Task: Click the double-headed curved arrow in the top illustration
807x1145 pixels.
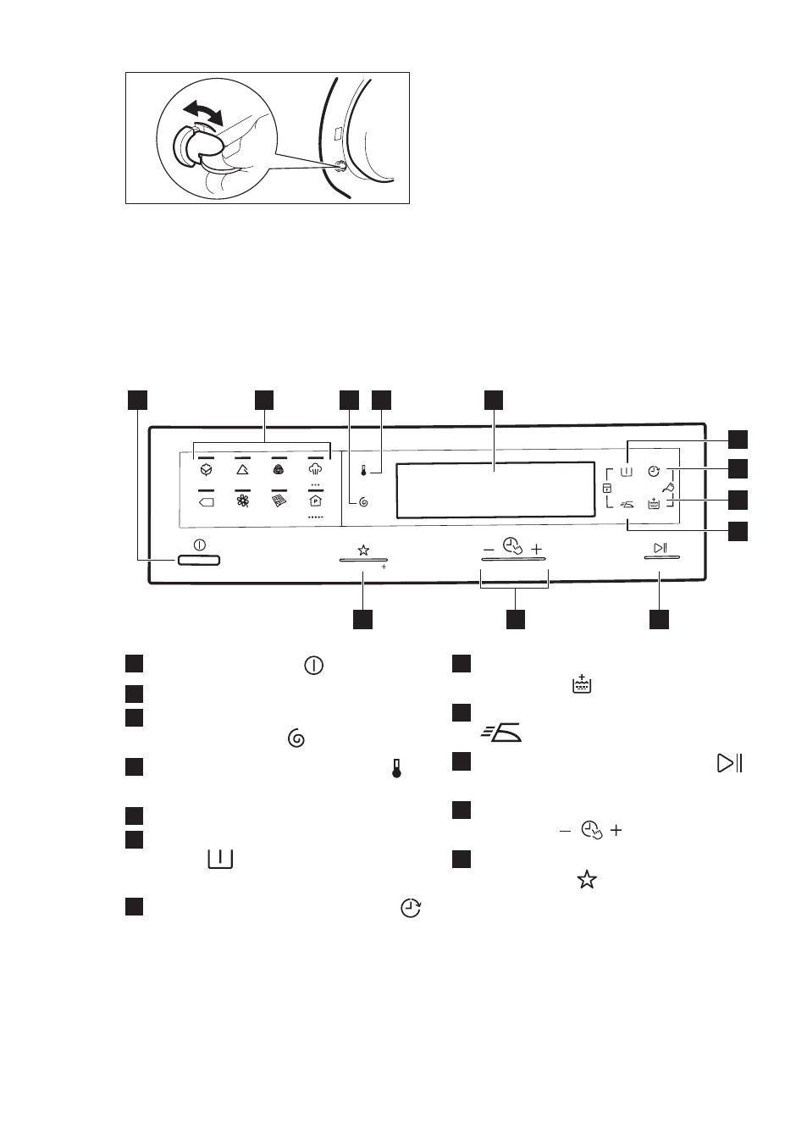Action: [x=203, y=112]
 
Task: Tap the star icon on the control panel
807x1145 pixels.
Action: [x=363, y=550]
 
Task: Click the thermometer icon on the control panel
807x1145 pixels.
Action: [x=363, y=471]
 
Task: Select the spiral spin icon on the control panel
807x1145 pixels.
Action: [x=363, y=502]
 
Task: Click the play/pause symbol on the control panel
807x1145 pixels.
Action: [x=661, y=548]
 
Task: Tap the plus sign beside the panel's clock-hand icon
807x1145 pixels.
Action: [x=536, y=550]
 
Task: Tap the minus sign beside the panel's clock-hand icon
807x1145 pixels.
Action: [x=489, y=550]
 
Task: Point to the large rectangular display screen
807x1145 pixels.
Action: [x=495, y=490]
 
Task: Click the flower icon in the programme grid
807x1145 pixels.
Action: [x=243, y=501]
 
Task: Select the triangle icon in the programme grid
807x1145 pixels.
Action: [x=242, y=469]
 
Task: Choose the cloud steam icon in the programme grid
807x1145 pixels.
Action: [x=315, y=468]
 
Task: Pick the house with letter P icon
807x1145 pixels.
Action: [x=315, y=501]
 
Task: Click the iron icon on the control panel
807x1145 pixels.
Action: [x=627, y=505]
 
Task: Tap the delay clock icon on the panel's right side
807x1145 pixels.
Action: [x=655, y=471]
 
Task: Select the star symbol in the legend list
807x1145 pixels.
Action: [x=587, y=880]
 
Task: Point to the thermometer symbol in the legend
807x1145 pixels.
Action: [x=396, y=769]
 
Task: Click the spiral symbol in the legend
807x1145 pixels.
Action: [x=296, y=738]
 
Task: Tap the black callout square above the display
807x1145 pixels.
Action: [x=494, y=401]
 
